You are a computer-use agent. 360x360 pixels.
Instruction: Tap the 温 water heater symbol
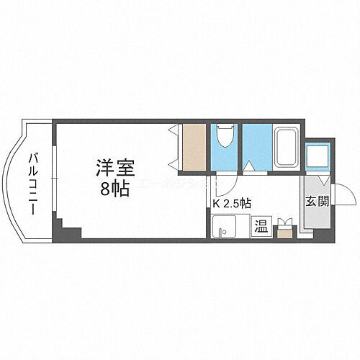(x=261, y=225)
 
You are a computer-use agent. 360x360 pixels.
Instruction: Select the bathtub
(x=286, y=148)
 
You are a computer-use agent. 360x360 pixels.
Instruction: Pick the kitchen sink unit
(x=230, y=225)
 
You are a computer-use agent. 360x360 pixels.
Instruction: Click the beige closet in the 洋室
(x=194, y=148)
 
